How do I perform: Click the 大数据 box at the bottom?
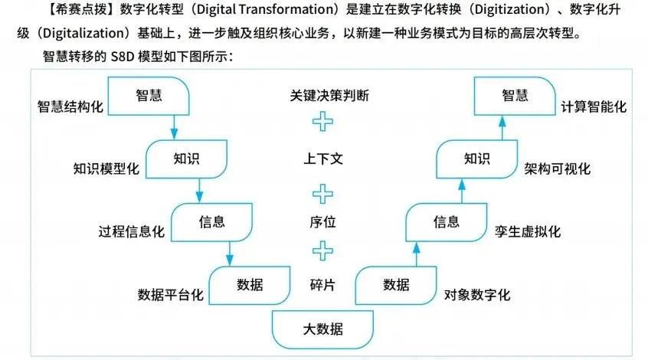point(322,330)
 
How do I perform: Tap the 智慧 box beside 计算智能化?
point(515,96)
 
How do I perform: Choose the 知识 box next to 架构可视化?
point(475,159)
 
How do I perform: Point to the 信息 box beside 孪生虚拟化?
point(447,222)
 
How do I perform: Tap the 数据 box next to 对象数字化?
point(396,285)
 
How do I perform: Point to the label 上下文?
point(325,159)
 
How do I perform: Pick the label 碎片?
point(325,285)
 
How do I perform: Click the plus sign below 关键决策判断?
point(325,123)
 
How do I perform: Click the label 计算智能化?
point(593,107)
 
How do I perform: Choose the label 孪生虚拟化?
point(529,231)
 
